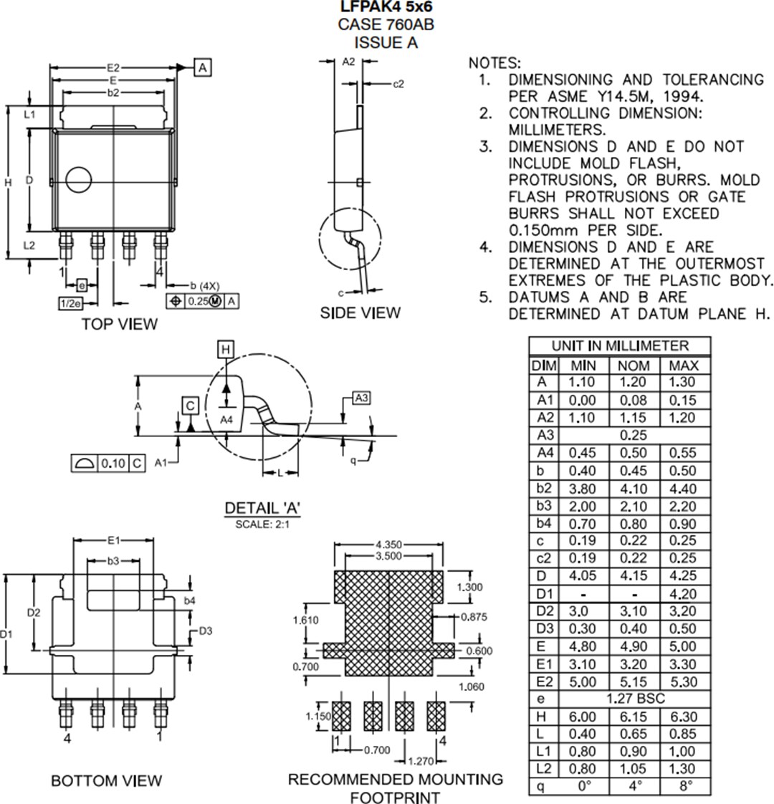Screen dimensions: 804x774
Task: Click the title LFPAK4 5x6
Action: tap(386, 7)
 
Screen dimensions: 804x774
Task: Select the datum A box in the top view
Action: tap(203, 67)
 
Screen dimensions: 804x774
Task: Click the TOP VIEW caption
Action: tap(119, 324)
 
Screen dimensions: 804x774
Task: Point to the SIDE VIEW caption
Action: tap(360, 313)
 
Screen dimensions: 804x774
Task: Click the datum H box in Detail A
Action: tap(226, 349)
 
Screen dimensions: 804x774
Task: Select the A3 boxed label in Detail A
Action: tap(361, 398)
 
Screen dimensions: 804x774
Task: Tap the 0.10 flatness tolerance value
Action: tap(112, 463)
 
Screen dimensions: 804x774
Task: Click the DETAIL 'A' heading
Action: tap(262, 508)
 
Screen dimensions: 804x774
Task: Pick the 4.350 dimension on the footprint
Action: tap(388, 545)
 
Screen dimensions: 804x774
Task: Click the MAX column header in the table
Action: tap(683, 365)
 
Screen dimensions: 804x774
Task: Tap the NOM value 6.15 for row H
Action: tap(632, 717)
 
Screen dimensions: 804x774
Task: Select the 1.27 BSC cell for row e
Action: tap(632, 699)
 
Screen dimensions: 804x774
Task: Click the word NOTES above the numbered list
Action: tap(494, 63)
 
